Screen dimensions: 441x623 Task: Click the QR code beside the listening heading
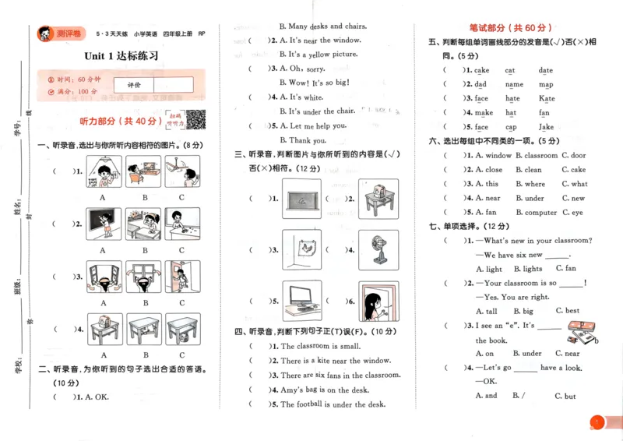tap(195, 121)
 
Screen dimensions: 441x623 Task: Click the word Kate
tap(547, 99)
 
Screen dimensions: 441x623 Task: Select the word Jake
tap(546, 127)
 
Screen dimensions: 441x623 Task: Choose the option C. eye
tap(572, 212)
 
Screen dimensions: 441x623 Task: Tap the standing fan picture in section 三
tap(378, 249)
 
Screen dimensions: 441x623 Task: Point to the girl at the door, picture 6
tap(378, 300)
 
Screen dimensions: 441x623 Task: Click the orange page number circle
tap(597, 422)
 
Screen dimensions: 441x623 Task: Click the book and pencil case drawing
tap(579, 333)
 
